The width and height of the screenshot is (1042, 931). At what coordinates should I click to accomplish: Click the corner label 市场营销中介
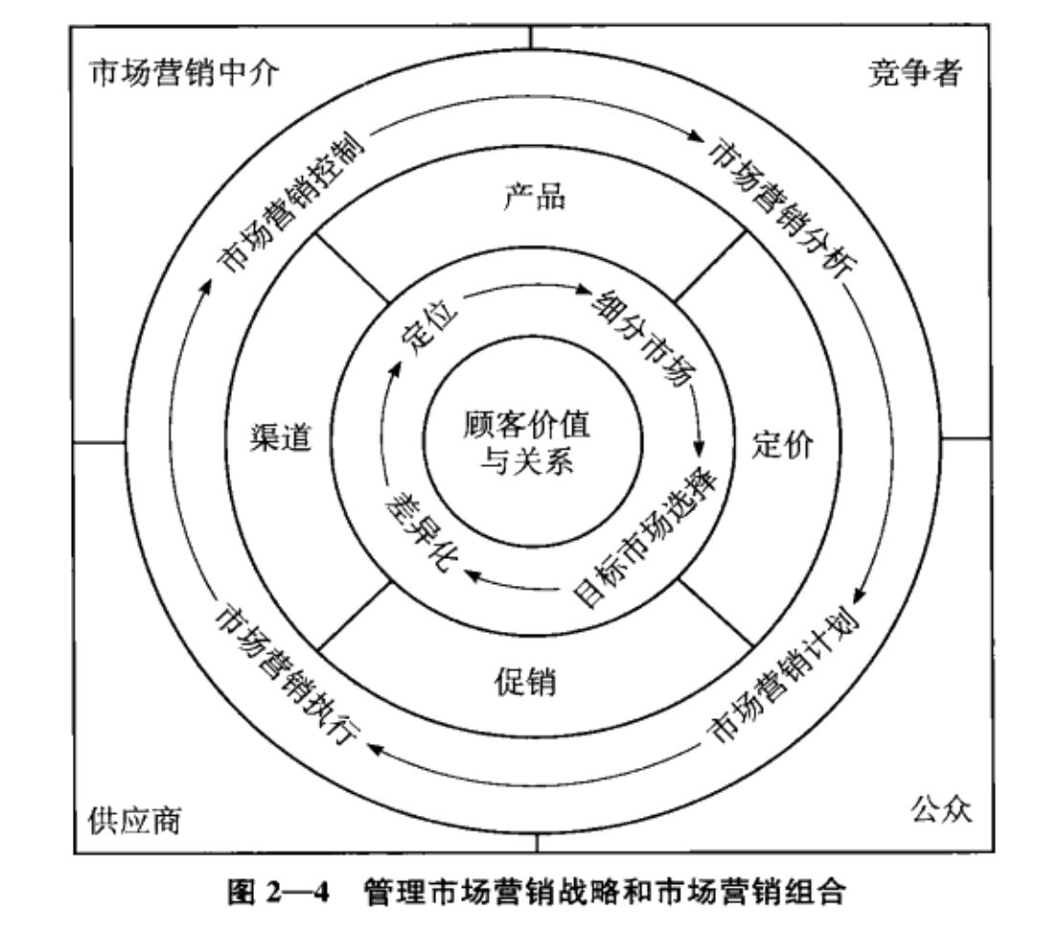coord(184,73)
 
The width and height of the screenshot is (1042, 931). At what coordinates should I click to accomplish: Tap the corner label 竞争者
coord(915,72)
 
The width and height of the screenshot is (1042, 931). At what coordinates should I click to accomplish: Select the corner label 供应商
coord(135,821)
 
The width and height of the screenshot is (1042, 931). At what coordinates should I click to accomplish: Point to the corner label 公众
coord(941,808)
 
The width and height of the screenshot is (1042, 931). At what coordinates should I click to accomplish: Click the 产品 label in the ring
coord(535,197)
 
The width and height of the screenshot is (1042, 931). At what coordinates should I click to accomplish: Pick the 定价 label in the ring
coord(782,444)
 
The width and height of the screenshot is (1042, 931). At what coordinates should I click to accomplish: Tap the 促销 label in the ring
coord(525,682)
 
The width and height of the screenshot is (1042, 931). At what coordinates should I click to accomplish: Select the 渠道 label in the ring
coord(281,438)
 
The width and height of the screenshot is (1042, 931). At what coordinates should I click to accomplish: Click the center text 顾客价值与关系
coord(526,442)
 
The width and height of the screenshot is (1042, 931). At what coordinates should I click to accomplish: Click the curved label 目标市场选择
coord(646,538)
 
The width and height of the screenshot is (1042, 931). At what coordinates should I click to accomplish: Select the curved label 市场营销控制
coord(291,202)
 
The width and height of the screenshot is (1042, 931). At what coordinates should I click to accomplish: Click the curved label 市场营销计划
coord(783,674)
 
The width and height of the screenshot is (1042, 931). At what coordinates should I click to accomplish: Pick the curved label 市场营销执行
coord(287,674)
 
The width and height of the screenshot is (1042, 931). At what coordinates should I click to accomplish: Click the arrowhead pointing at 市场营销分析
coord(696,136)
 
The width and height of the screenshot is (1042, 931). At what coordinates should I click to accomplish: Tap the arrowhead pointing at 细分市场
coord(583,290)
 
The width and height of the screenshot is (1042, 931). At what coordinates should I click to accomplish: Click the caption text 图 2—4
coord(278,892)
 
